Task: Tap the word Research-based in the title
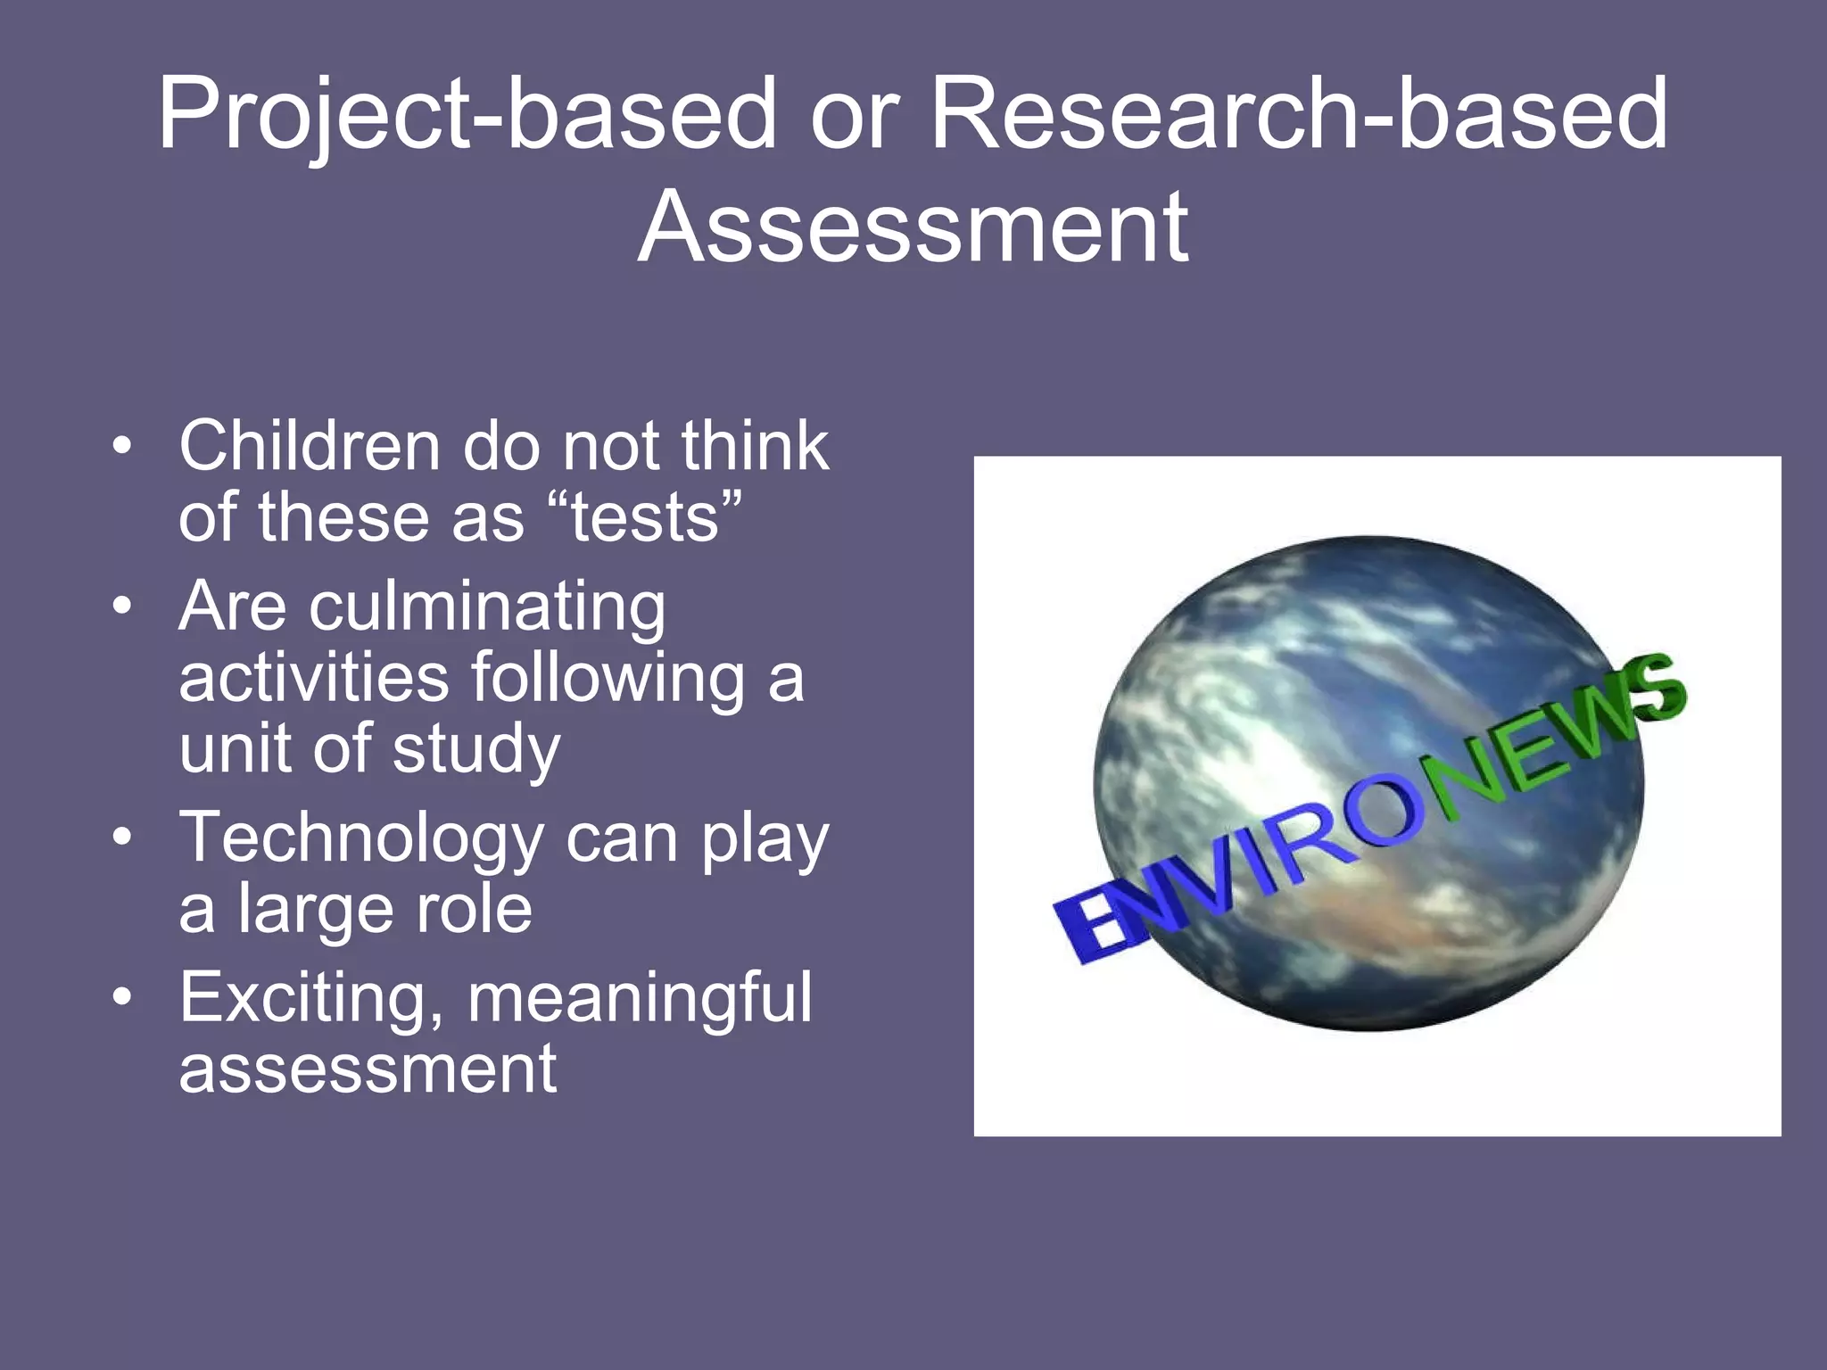[1298, 114]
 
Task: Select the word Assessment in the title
[913, 228]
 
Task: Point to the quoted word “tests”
[643, 517]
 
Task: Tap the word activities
[313, 677]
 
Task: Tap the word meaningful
[640, 999]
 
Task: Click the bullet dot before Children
[122, 445]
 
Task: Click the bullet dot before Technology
[122, 838]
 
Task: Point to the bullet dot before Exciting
[122, 996]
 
